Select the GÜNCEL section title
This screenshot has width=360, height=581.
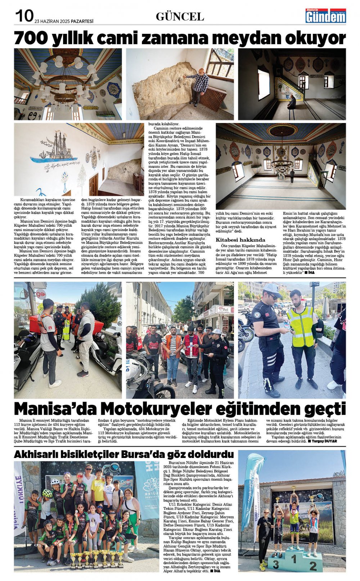(x=180, y=16)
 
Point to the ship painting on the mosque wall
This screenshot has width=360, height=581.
(x=54, y=147)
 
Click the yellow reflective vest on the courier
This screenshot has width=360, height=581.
(x=302, y=327)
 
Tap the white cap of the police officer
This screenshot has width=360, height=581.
(x=272, y=289)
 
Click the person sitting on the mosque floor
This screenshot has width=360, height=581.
(x=291, y=103)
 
